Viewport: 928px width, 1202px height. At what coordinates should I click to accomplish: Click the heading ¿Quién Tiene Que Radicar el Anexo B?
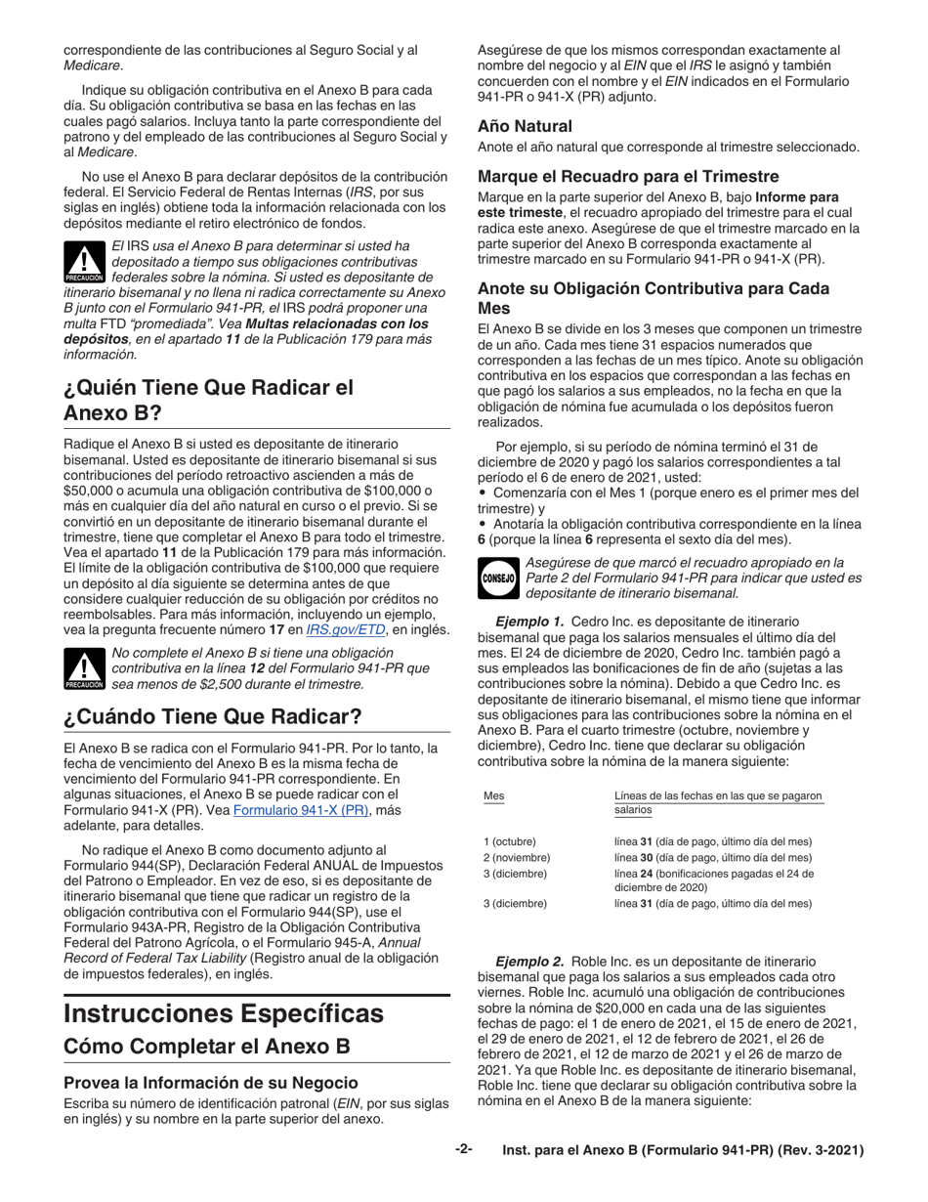tap(207, 399)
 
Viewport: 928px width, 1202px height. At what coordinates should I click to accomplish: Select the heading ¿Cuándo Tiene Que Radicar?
tap(212, 715)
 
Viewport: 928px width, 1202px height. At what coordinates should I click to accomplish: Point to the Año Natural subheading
tap(525, 126)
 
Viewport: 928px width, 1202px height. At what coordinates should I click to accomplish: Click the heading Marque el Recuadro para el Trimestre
tap(628, 177)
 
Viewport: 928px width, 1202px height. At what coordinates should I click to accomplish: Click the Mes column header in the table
tap(494, 795)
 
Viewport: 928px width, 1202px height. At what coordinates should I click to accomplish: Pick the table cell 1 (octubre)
tap(510, 841)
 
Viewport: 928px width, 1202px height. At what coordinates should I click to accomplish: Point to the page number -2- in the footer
tap(463, 1150)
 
